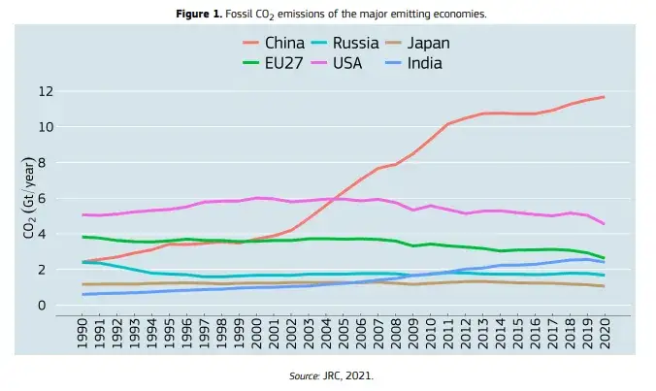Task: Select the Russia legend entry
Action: pyautogui.click(x=361, y=43)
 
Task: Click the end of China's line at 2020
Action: pyautogui.click(x=605, y=97)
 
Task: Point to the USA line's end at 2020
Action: pyautogui.click(x=605, y=224)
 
